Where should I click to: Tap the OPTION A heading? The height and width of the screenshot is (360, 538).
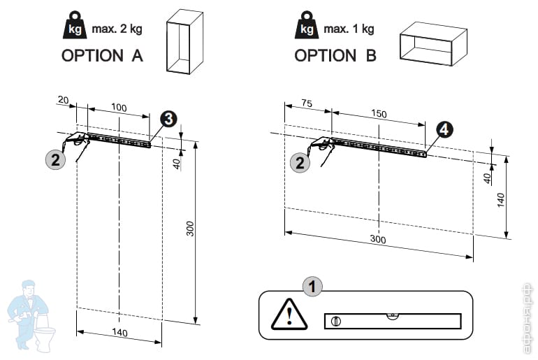(102, 56)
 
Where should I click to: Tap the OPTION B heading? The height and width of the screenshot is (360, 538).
(335, 56)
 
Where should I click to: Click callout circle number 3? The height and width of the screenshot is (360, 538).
(168, 119)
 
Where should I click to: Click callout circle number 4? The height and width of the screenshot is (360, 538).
(444, 129)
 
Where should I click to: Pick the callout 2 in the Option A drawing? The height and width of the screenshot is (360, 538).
(55, 159)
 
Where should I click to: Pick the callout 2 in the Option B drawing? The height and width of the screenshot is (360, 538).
(300, 163)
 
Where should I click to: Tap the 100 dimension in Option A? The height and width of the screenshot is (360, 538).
(119, 108)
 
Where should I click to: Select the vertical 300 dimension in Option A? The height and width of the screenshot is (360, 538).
(190, 229)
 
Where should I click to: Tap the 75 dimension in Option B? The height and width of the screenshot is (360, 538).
(305, 102)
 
